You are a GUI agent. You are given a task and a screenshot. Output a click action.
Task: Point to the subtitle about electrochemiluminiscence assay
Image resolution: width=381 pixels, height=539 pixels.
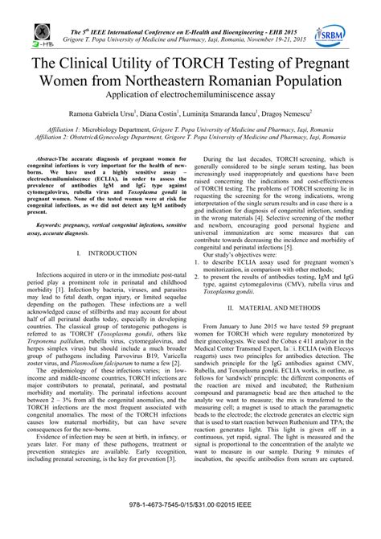click(190, 98)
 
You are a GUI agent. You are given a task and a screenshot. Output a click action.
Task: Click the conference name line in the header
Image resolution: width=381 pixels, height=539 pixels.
click(190, 8)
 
